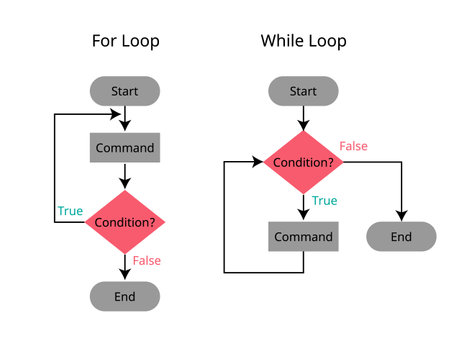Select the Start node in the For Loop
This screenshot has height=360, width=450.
coord(124,92)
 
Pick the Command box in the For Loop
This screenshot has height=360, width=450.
coord(124,148)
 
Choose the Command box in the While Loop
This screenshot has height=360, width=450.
coord(302,237)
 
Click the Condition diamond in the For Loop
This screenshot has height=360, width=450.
coord(124,221)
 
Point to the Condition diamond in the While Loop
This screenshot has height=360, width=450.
coord(302,161)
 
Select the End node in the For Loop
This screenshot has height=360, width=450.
coord(124,296)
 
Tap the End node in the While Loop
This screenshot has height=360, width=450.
coord(401,237)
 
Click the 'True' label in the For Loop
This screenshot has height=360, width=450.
coord(70,211)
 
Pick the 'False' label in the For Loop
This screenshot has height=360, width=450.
coord(146,261)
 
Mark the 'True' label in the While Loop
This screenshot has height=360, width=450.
coord(324,201)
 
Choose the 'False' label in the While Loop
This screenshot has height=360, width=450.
coord(353,146)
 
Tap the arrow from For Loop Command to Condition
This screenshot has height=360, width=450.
coord(124,177)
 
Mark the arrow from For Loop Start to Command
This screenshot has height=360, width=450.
coord(124,119)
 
